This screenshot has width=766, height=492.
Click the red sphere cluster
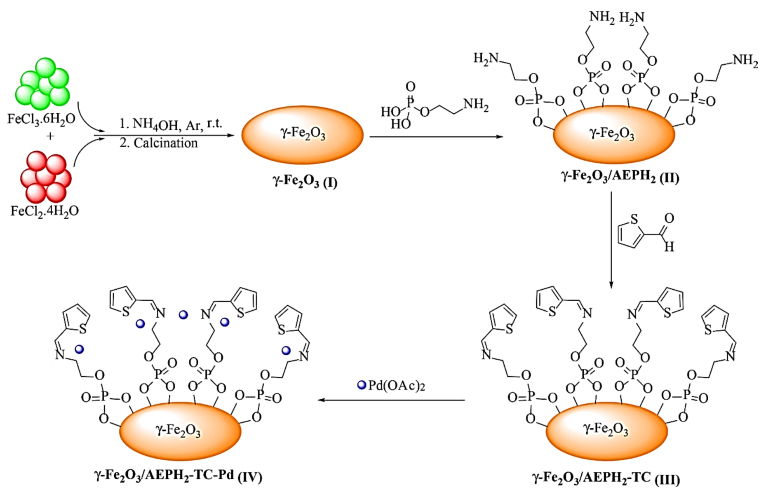[x=45, y=176]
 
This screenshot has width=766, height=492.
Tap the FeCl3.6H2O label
[x=41, y=119]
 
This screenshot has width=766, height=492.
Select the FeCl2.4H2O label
[x=45, y=211]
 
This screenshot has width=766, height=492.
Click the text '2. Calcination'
[x=159, y=143]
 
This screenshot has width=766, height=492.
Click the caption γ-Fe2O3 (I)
[x=305, y=181]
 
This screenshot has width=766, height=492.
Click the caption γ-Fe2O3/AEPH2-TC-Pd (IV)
[x=178, y=476]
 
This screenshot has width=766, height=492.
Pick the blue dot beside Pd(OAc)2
[x=362, y=385]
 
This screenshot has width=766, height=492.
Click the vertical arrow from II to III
[x=611, y=239]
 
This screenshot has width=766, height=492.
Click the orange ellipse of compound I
[x=302, y=135]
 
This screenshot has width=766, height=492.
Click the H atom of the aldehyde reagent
[x=669, y=247]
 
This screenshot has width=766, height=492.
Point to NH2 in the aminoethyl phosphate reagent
[x=476, y=105]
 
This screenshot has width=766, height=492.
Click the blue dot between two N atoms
[x=183, y=315]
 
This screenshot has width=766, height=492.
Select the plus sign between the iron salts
[x=50, y=136]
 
